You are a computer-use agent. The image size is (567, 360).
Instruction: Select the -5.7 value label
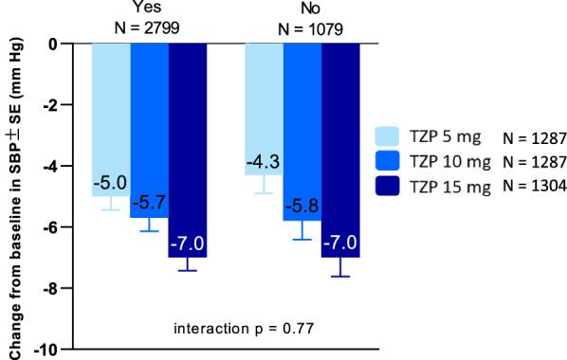pyautogui.click(x=149, y=203)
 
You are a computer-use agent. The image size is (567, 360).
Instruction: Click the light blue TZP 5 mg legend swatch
pyautogui.click(x=389, y=135)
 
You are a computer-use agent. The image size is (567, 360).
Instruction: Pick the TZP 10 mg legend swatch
pyautogui.click(x=389, y=161)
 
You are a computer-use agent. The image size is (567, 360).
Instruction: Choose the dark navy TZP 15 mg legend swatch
pyautogui.click(x=389, y=187)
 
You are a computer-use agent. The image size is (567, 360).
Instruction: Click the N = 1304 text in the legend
pyautogui.click(x=537, y=187)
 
